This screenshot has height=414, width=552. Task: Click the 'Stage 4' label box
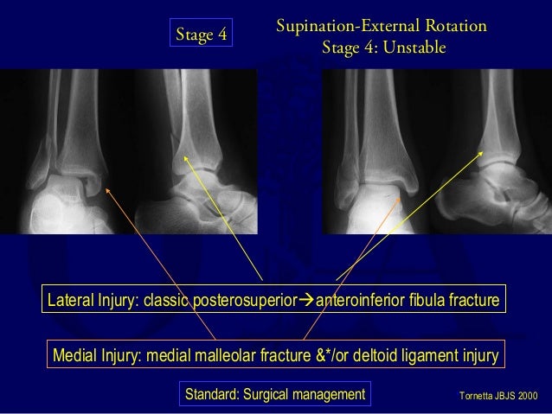[201, 35]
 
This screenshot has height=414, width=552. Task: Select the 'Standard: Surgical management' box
[275, 395]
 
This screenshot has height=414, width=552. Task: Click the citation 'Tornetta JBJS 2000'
[496, 395]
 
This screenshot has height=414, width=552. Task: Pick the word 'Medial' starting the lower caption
[76, 354]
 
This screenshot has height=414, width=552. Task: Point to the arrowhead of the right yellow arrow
[483, 150]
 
